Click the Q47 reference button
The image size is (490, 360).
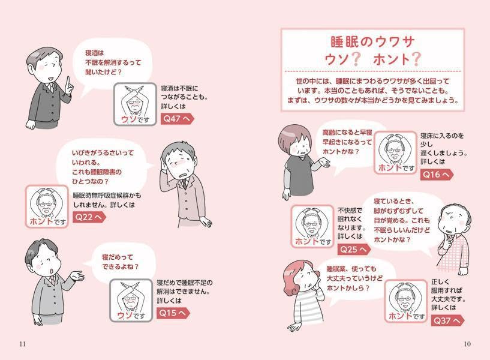176,119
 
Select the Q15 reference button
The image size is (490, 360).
173,313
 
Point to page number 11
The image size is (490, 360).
23,344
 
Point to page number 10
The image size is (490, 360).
467,344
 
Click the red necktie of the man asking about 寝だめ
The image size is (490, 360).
51,280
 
